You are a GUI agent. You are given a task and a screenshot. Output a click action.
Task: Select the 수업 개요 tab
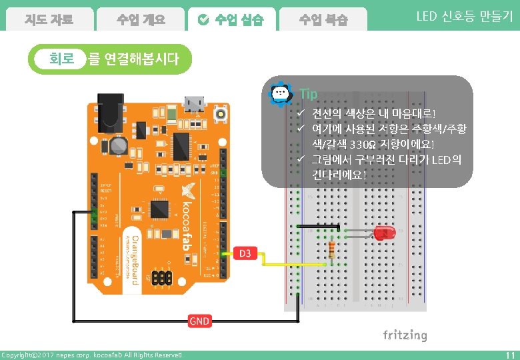point(140,19)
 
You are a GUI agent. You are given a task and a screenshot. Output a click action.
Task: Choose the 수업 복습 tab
point(323,19)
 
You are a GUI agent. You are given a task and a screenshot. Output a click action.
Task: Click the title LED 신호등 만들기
point(464,17)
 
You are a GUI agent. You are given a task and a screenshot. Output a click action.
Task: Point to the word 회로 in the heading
point(61,59)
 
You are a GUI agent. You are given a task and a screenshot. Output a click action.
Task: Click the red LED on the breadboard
point(383,233)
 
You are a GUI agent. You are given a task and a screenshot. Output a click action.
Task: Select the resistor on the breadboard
point(333,249)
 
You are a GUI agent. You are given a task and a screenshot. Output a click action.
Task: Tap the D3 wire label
point(245,253)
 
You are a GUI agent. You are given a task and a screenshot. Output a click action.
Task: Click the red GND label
point(199,321)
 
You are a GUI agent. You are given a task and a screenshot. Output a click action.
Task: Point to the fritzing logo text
point(405,335)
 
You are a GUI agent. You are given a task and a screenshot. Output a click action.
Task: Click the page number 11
point(510,355)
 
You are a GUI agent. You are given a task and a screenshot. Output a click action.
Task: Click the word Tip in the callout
point(309,94)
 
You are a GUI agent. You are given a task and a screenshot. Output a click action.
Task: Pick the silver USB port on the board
point(195,103)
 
